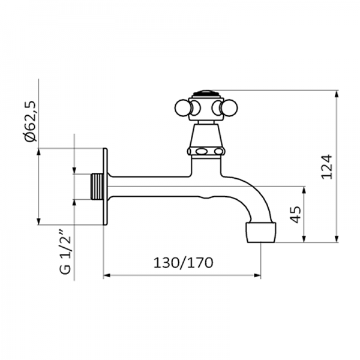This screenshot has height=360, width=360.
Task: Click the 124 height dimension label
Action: point(326,167)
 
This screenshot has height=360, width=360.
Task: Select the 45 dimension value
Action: point(296,215)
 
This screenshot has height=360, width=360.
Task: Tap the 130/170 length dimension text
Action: point(183,263)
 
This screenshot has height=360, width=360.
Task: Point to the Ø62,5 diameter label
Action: point(31,121)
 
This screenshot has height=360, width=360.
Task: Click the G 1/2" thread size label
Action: point(65,251)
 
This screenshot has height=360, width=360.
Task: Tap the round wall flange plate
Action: point(105,187)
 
